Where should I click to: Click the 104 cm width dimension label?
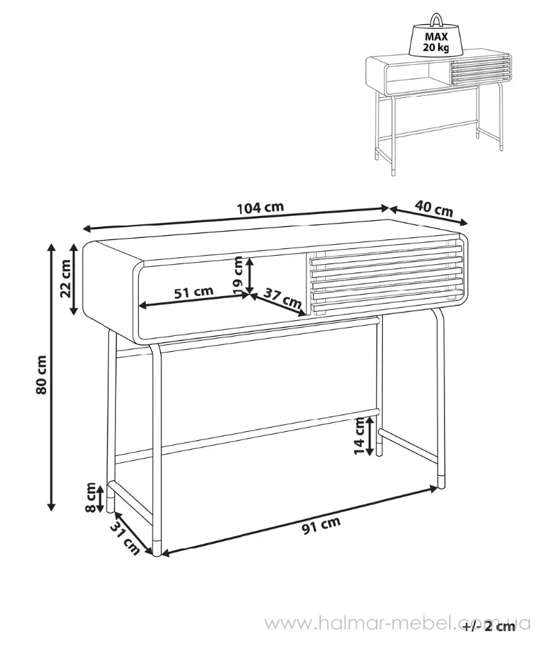click(x=260, y=207)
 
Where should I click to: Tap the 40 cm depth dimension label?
click(x=433, y=208)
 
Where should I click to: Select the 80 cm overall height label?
click(x=41, y=375)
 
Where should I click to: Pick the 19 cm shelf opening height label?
click(x=238, y=275)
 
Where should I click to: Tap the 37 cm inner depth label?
click(x=282, y=299)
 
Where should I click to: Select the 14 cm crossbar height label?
click(x=359, y=436)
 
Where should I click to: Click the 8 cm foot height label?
click(x=90, y=498)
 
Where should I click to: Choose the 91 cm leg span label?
click(x=322, y=525)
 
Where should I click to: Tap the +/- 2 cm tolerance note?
click(x=489, y=626)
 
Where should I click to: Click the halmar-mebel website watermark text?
click(x=397, y=624)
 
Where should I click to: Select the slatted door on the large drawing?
click(x=386, y=281)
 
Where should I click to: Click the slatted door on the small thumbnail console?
click(x=481, y=71)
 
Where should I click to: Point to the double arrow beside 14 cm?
click(x=371, y=436)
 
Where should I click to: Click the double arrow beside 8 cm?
click(x=100, y=498)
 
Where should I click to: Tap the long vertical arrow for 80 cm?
click(x=51, y=377)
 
